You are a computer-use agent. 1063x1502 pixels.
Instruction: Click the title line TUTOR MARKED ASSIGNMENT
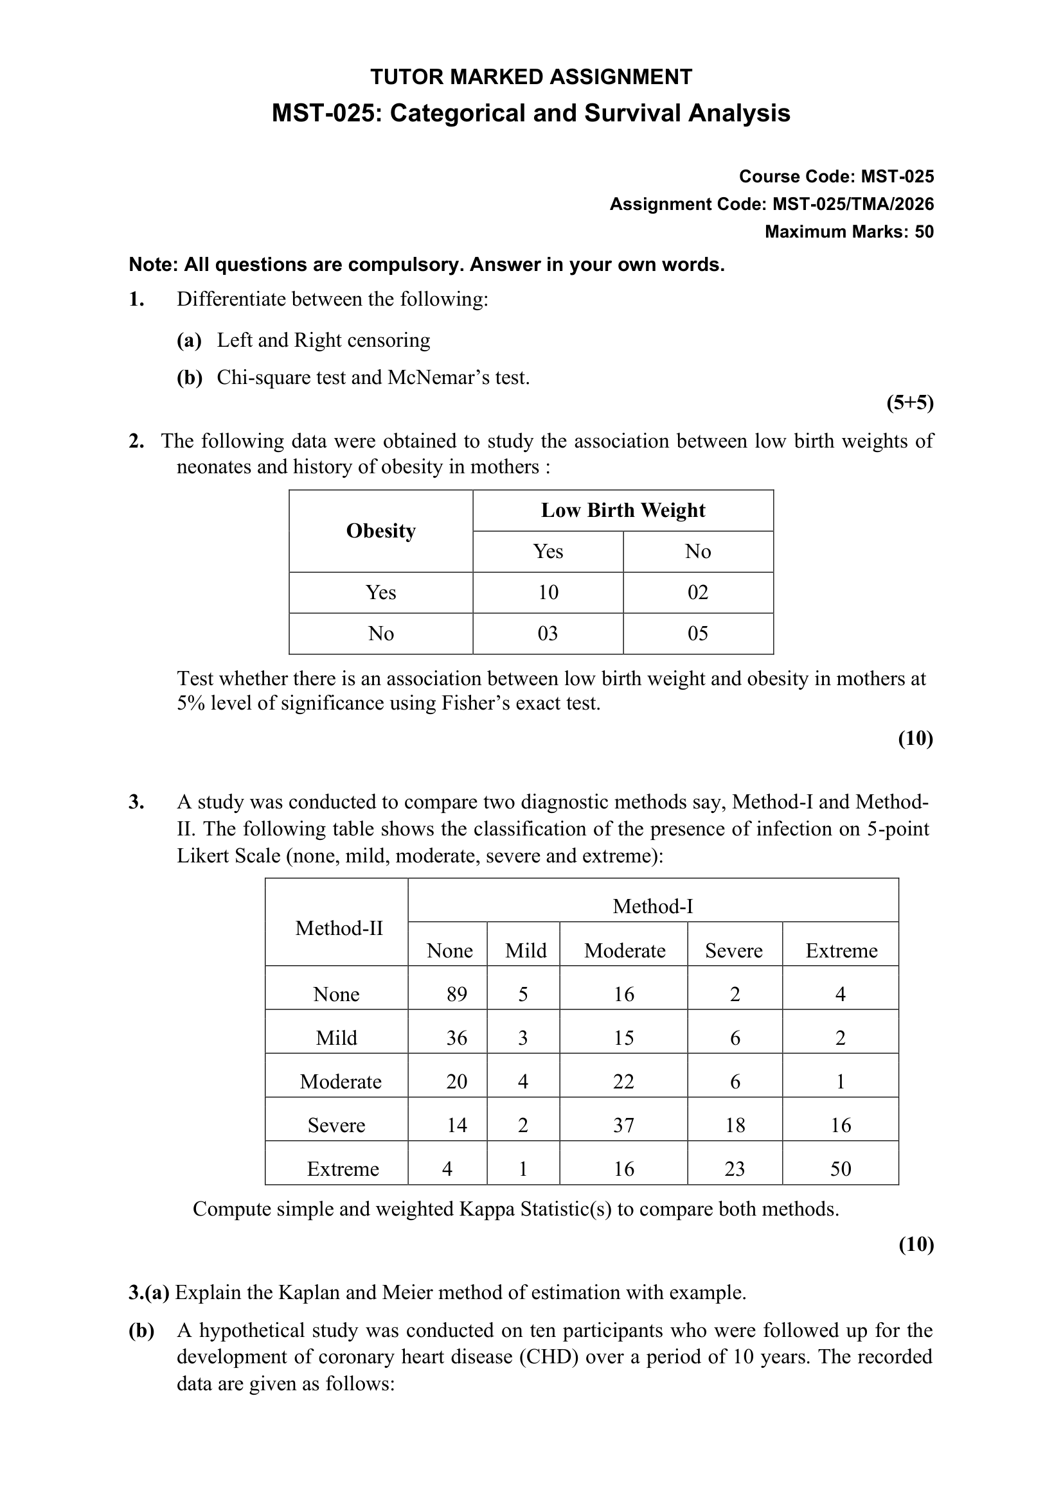point(531,77)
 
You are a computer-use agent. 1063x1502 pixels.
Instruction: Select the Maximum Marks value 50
point(924,232)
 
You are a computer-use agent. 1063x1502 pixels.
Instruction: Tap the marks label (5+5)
point(910,403)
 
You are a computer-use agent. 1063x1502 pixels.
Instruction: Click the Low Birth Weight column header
point(623,511)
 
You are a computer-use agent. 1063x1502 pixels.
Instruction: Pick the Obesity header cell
point(380,530)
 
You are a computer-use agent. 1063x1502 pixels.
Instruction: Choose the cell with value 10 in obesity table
point(548,593)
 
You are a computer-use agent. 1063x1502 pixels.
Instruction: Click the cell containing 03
point(548,633)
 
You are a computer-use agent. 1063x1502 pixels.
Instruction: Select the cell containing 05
point(698,633)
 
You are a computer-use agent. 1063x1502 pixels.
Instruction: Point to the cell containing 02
point(698,593)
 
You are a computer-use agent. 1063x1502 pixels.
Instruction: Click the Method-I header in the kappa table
point(652,906)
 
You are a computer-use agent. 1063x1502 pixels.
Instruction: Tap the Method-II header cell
point(339,928)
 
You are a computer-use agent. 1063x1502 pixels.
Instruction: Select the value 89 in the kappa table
point(456,994)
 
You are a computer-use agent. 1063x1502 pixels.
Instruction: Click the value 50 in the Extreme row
point(841,1169)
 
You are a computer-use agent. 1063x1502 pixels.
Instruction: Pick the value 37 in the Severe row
point(623,1125)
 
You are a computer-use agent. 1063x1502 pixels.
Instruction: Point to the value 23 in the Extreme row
point(735,1169)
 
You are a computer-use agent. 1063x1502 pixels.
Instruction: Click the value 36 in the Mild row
point(456,1038)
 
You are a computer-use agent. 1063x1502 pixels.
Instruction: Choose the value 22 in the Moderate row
point(623,1081)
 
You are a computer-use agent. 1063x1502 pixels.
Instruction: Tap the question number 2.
point(136,441)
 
